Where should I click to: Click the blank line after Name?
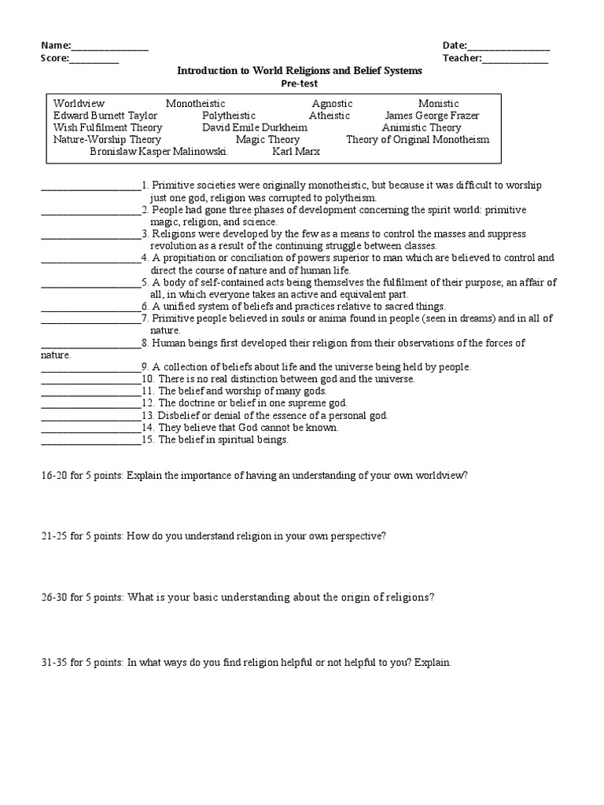[110, 46]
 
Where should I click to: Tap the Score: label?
[55, 58]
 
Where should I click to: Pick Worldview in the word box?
[79, 104]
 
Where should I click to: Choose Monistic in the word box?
[438, 104]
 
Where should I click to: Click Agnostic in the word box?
[332, 104]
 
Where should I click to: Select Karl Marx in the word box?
[296, 151]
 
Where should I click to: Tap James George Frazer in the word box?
[432, 116]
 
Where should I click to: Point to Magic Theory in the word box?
[267, 139]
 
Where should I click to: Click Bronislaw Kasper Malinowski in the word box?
[159, 151]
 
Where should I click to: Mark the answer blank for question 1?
[90, 187]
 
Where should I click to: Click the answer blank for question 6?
[90, 307]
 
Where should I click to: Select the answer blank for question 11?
[90, 391]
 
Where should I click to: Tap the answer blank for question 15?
[90, 440]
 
